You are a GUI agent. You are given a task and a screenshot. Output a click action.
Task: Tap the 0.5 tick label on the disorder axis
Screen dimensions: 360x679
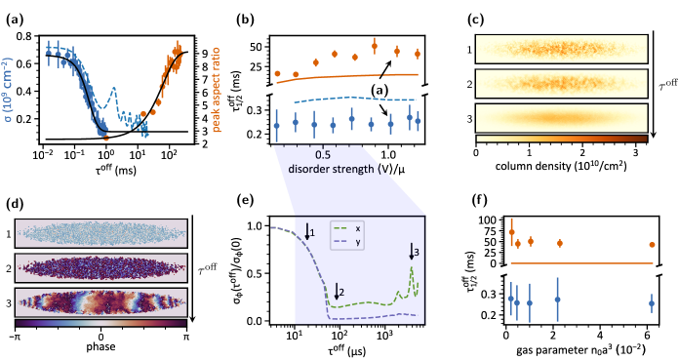[324, 154]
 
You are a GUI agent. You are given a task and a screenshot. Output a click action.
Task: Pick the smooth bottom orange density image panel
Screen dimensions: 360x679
[561, 118]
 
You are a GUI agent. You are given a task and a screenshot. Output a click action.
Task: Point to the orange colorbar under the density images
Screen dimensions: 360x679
[561, 139]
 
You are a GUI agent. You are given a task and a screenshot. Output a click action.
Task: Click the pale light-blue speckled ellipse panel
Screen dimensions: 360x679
[100, 232]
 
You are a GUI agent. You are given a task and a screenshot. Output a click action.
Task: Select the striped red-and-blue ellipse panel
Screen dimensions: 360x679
[100, 301]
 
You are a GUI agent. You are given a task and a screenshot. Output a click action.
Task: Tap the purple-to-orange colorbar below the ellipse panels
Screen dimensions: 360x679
[100, 322]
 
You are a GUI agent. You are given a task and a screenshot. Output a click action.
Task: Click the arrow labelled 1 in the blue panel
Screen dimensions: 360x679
[308, 231]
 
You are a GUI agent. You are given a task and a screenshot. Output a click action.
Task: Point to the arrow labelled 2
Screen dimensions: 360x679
[338, 292]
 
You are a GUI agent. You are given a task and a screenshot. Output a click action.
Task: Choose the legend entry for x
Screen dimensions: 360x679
[346, 227]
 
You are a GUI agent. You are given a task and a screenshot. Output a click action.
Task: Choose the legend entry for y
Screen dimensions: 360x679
[346, 241]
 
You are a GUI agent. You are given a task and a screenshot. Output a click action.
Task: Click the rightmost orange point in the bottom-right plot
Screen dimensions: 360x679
[652, 245]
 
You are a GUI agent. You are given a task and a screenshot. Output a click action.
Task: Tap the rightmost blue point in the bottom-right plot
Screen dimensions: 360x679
[652, 303]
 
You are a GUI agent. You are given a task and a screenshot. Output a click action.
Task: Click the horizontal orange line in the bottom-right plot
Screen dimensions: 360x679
[580, 262]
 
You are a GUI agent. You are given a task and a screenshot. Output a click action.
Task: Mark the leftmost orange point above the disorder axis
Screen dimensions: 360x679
[277, 73]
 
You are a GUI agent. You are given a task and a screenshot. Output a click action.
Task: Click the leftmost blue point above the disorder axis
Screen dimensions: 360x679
[277, 125]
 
